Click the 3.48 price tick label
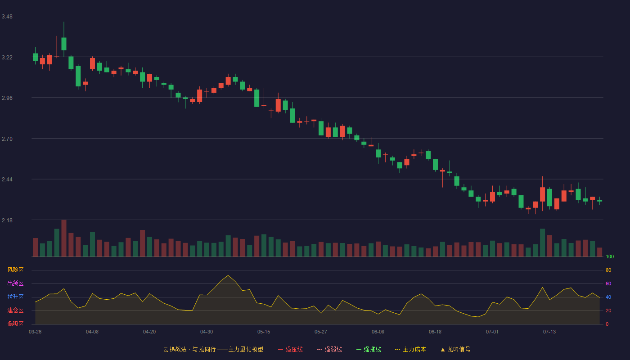click(7, 17)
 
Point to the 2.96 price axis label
click(7, 98)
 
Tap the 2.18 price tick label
click(7, 220)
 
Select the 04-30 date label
click(207, 332)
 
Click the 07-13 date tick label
click(549, 332)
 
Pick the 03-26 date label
click(35, 332)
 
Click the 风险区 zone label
click(15, 270)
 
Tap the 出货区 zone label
click(15, 283)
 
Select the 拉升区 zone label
click(15, 297)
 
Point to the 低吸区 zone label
click(15, 324)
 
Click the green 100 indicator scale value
click(610, 256)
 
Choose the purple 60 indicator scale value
click(608, 283)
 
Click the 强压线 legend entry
click(290, 349)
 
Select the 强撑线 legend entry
click(369, 349)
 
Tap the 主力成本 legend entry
click(410, 349)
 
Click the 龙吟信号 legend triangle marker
click(443, 350)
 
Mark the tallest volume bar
click(64, 238)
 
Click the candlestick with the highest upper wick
click(64, 40)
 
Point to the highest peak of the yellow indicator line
click(228, 275)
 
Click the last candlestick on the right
click(599, 201)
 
